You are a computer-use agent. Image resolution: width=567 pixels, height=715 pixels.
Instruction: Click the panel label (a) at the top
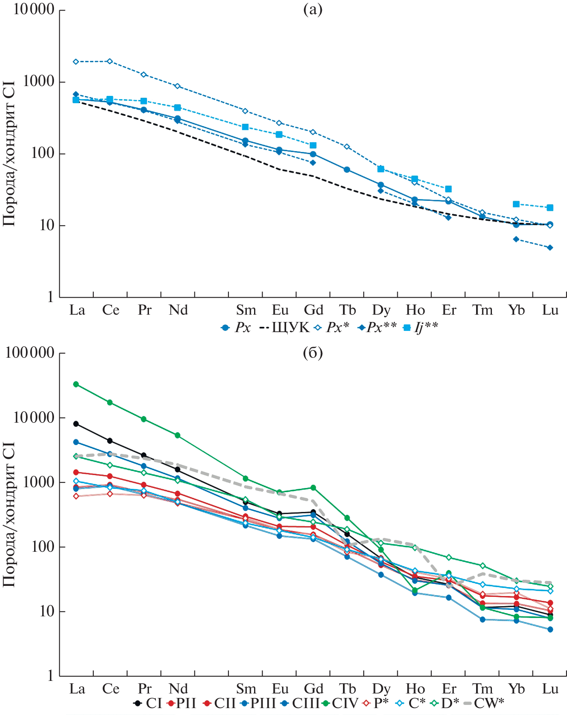click(x=313, y=9)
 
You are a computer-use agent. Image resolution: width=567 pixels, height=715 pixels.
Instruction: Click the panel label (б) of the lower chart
click(x=313, y=353)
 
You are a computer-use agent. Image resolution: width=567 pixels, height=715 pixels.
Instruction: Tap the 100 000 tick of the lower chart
click(x=30, y=352)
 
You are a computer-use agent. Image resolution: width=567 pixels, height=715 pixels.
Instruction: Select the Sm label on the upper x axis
click(x=246, y=310)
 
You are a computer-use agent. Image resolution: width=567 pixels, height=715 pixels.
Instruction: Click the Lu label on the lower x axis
click(x=550, y=689)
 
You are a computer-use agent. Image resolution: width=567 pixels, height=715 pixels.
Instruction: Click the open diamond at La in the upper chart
click(x=76, y=62)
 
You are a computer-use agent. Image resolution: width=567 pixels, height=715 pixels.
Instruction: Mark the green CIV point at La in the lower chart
click(x=76, y=384)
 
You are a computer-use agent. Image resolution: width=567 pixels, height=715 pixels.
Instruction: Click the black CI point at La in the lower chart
click(x=76, y=424)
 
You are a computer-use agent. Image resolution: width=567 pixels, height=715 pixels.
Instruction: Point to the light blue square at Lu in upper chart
click(x=550, y=208)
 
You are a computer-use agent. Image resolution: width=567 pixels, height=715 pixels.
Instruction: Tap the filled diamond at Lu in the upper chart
click(x=550, y=248)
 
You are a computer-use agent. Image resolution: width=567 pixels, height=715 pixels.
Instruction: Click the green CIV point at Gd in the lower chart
click(x=313, y=488)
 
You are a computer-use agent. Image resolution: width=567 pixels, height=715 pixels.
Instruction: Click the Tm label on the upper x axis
click(x=483, y=310)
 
